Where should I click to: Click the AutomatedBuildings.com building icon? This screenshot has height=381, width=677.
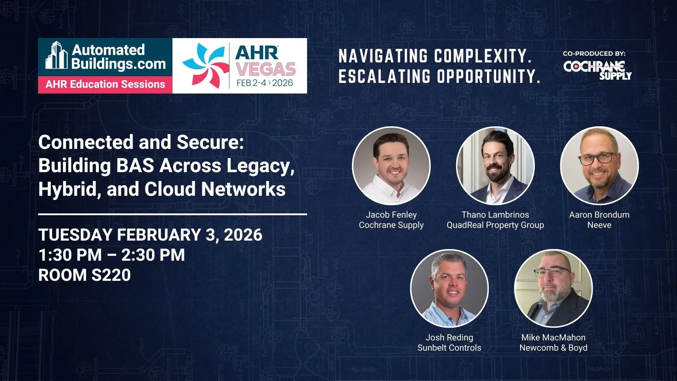[56, 55]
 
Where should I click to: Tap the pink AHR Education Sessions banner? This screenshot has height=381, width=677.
[105, 85]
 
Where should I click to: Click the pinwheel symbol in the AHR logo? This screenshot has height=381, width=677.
[204, 66]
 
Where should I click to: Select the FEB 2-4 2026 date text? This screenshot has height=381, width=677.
[265, 83]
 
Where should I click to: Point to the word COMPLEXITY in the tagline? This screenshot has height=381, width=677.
[483, 56]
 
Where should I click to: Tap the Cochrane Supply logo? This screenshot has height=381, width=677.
[597, 70]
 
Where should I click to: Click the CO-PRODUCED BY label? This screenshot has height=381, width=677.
[594, 54]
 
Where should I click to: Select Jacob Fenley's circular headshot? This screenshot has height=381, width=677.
[391, 165]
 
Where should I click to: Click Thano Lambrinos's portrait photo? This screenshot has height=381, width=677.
[495, 165]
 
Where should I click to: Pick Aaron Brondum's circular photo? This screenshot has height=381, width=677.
[599, 165]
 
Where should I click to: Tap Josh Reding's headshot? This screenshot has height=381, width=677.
[449, 288]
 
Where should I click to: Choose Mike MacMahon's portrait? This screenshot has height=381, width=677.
[553, 288]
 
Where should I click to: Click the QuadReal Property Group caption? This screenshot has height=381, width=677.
[495, 225]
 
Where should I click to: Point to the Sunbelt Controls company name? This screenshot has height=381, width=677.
[449, 348]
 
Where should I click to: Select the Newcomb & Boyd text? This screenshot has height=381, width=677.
[553, 348]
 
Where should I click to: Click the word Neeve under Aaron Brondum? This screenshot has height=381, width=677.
[599, 225]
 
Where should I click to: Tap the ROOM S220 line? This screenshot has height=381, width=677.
[85, 275]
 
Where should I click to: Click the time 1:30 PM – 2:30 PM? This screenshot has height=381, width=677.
[112, 255]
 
